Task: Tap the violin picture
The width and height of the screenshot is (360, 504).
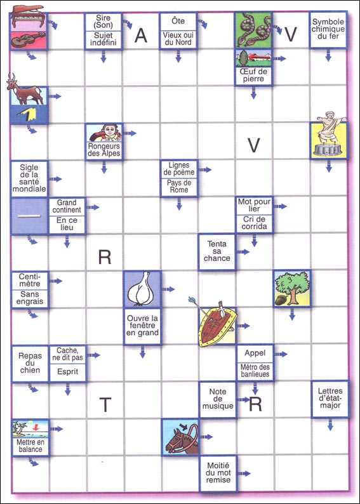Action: pyautogui.click(x=29, y=40)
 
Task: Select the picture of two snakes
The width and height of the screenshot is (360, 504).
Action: pyautogui.click(x=253, y=30)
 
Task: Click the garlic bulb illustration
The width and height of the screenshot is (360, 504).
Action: pyautogui.click(x=142, y=289)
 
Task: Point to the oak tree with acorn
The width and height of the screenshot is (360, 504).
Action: pyautogui.click(x=292, y=288)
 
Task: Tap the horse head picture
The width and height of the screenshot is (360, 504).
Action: pyautogui.click(x=180, y=437)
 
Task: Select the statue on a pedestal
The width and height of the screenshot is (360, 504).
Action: pyautogui.click(x=329, y=135)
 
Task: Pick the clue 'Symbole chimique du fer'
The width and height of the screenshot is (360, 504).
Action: pyautogui.click(x=328, y=29)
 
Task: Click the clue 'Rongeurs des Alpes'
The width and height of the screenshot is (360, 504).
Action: pyautogui.click(x=104, y=150)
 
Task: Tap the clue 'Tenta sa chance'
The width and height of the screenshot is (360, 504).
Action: pyautogui.click(x=217, y=251)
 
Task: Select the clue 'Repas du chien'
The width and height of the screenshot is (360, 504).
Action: pyautogui.click(x=30, y=363)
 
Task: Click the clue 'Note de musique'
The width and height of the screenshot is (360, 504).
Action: pyautogui.click(x=218, y=399)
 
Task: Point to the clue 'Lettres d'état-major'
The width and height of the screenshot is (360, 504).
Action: pyautogui.click(x=330, y=398)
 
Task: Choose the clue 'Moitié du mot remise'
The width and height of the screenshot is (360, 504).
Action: pyautogui.click(x=218, y=473)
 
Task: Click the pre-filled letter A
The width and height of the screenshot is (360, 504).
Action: pyautogui.click(x=141, y=36)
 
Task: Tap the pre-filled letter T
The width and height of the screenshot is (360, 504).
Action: pyautogui.click(x=105, y=405)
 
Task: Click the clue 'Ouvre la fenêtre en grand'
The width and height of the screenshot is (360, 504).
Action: pyautogui.click(x=142, y=325)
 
